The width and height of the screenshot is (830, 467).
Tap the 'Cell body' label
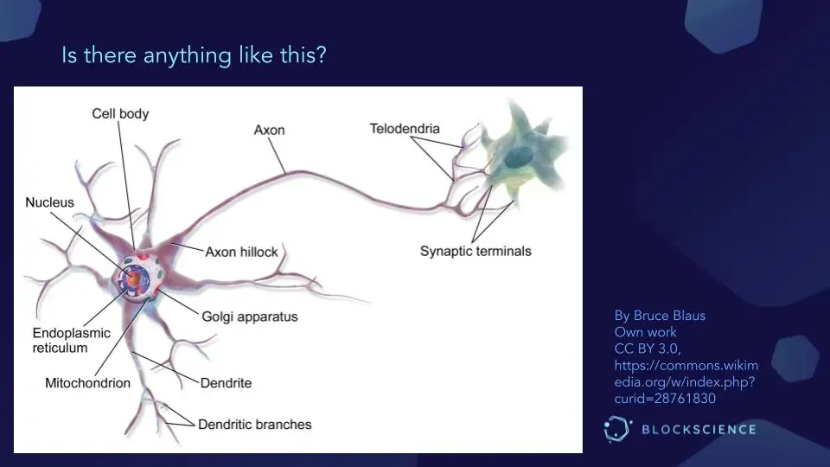(120, 113)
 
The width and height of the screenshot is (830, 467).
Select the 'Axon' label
(269, 131)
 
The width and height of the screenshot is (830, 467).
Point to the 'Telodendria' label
(405, 129)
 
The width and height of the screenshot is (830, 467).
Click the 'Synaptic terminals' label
(476, 252)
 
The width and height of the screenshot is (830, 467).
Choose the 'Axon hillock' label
(241, 252)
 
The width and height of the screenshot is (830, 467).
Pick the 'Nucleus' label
(49, 202)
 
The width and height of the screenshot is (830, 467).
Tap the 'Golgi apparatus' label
(250, 317)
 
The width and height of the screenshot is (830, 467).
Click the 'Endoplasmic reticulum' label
(61, 340)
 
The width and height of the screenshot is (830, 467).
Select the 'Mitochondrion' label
(87, 382)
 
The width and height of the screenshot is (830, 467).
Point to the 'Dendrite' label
(226, 382)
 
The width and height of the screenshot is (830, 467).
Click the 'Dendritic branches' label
(254, 425)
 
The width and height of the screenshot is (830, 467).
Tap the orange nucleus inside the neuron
(133, 278)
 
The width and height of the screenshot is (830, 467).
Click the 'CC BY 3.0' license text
(648, 349)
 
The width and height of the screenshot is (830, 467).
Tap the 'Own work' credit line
(645, 332)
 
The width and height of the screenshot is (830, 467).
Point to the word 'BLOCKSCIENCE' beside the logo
(699, 430)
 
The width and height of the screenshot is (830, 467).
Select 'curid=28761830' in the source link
(665, 398)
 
